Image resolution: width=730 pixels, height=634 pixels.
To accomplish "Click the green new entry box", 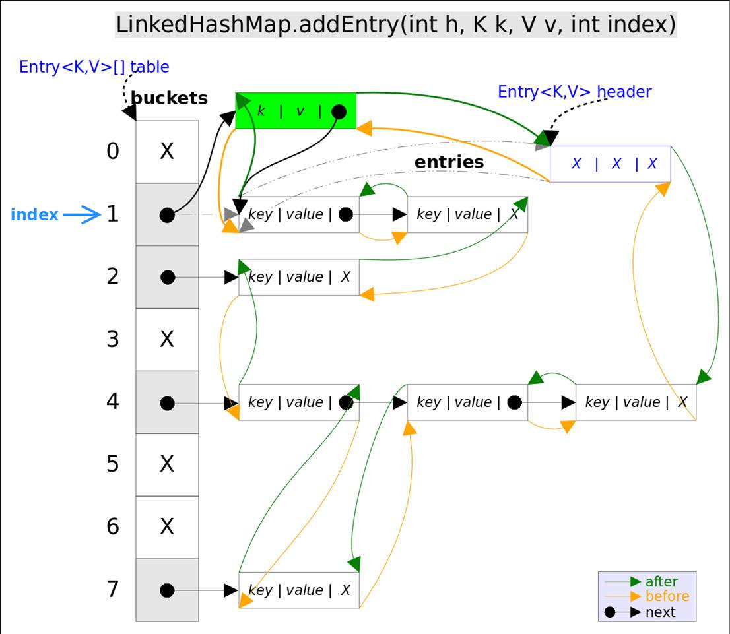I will coord(296,111).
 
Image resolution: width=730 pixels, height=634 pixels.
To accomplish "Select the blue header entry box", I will coord(611,164).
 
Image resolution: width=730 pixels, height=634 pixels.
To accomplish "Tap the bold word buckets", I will coord(169,98).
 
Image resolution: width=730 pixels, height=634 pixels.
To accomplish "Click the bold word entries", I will coord(449,162).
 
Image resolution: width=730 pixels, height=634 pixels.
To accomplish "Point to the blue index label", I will coord(34,214).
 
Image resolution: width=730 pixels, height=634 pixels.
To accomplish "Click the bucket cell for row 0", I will coord(167,152).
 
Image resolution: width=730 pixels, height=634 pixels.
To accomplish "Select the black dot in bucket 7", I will coord(167,590).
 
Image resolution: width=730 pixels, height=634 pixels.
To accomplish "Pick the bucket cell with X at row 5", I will coord(167,464).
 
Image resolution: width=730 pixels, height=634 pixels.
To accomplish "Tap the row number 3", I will coord(113,339).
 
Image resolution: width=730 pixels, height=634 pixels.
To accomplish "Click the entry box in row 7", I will coord(299,590).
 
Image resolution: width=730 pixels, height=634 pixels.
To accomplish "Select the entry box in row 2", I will coord(299,277).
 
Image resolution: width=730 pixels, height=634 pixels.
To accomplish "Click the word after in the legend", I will coord(661,581).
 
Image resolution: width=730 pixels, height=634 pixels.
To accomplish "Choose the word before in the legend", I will coord(667,596).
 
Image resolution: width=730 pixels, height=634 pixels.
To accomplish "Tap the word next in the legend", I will coord(660,612).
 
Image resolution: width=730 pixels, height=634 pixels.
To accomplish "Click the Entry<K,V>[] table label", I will coord(94,67).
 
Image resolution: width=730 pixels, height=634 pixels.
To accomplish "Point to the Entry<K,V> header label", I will coord(574,92).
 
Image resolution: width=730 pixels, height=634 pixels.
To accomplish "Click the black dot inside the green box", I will coord(339,111).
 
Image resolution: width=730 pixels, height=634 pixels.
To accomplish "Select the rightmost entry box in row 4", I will coord(636,402).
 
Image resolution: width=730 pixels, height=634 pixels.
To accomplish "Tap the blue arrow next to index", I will coord(82,214).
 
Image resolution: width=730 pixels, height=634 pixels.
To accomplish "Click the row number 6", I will coord(113,526).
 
